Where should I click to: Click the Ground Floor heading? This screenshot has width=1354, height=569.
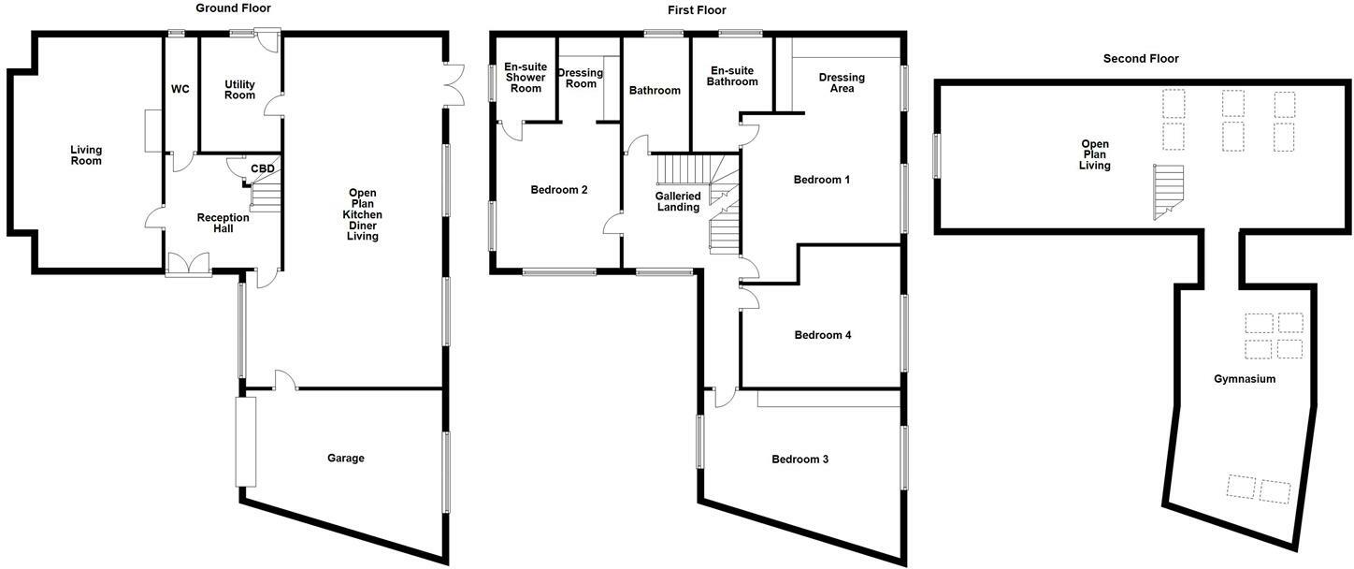coord(233,8)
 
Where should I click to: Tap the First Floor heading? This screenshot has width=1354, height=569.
coord(697,10)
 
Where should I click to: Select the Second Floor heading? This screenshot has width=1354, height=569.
coord(1141,58)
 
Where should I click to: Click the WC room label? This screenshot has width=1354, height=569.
coord(180,90)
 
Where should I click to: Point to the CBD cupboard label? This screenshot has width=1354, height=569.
coord(263,169)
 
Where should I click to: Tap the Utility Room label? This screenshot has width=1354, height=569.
coord(239,90)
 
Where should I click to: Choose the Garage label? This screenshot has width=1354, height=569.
coord(345,458)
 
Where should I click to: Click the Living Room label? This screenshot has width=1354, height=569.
coord(86,155)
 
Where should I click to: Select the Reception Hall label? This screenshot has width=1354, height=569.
coord(223,223)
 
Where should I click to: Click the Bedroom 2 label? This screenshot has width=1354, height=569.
coord(559,190)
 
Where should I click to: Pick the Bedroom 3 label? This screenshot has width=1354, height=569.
coord(799,460)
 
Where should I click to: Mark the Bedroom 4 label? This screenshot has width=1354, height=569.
coord(822,335)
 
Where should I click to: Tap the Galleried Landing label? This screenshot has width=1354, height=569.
coord(678,201)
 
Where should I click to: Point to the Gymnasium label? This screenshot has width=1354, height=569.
coord(1245,379)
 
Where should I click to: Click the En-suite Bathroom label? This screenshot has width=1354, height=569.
coord(734,76)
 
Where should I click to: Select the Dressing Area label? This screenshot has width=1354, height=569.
coord(842,82)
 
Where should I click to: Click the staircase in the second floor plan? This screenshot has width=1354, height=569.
coord(1168,192)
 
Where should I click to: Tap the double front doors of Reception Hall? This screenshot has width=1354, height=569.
coord(189,265)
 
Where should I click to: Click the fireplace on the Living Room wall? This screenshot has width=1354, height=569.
coord(152,129)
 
